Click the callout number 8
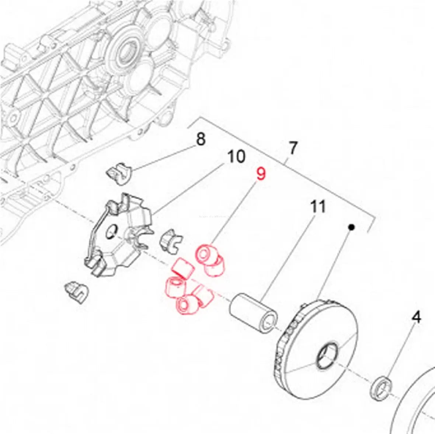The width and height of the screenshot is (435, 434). pyautogui.click(x=201, y=140)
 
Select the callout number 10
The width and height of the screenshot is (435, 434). pyautogui.click(x=236, y=156)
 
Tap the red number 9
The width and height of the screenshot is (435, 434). pyautogui.click(x=261, y=174)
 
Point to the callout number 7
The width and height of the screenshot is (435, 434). pyautogui.click(x=292, y=148)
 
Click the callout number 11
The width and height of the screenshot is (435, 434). pyautogui.click(x=318, y=207)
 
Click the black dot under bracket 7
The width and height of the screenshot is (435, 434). pyautogui.click(x=351, y=227)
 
